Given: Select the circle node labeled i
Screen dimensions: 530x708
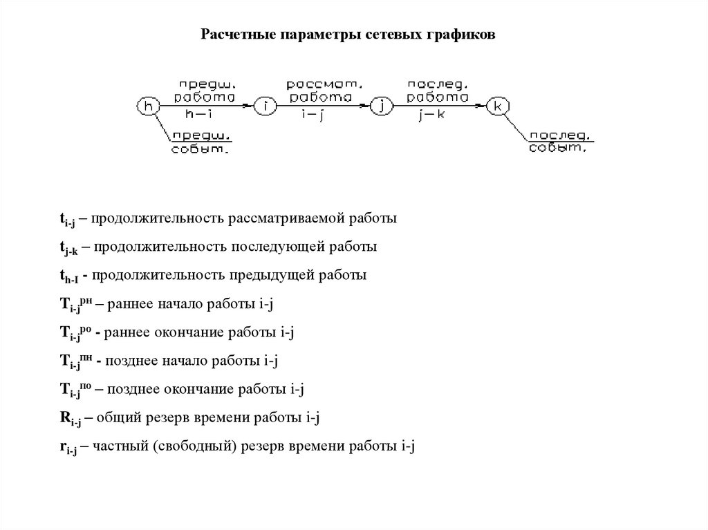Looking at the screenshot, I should [x=264, y=106].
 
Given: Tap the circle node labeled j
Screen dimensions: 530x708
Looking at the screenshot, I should [x=381, y=106].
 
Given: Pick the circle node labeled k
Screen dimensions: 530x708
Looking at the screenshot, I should [x=498, y=106].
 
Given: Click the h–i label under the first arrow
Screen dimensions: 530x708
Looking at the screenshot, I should [x=201, y=115].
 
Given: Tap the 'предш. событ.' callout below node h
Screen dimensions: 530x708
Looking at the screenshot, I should [x=201, y=142].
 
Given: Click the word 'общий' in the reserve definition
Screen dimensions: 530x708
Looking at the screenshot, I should [x=113, y=417].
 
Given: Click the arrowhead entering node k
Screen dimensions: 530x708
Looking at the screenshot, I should [x=482, y=106].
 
